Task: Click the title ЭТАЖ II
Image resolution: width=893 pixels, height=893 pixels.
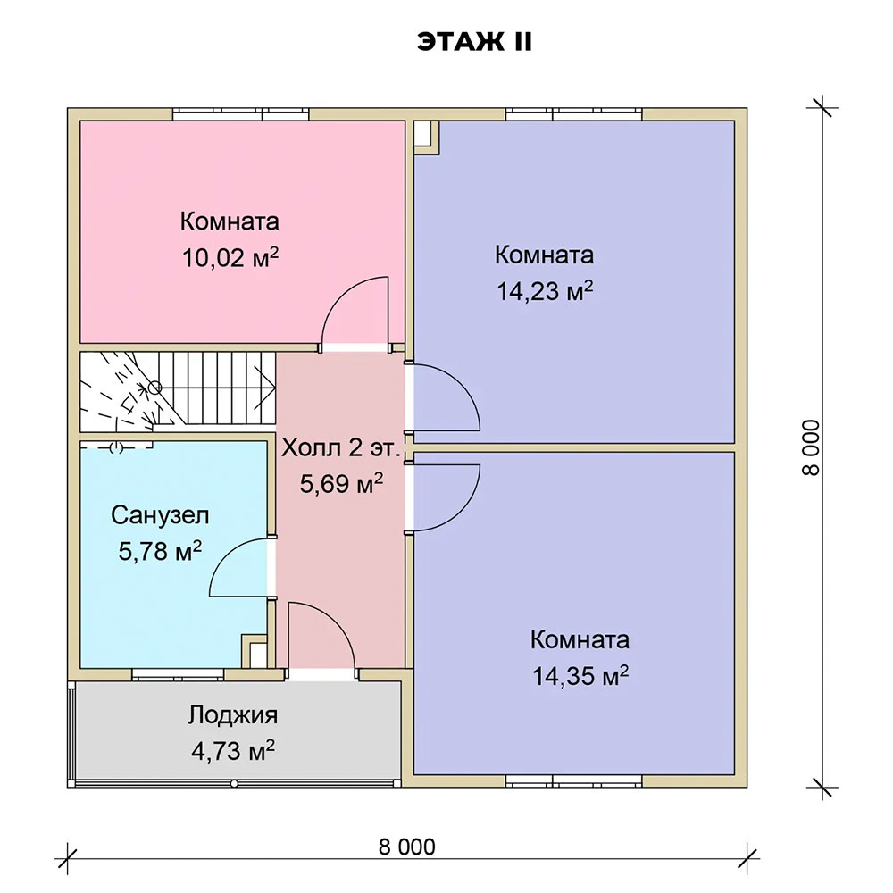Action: click(474, 42)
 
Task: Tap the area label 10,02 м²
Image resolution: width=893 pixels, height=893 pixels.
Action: click(230, 258)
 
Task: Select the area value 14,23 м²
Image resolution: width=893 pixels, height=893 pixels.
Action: click(545, 291)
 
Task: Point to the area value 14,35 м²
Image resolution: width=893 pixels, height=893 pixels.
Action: click(580, 676)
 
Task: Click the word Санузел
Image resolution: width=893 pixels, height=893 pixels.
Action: click(160, 515)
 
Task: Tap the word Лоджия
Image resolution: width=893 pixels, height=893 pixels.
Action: click(233, 715)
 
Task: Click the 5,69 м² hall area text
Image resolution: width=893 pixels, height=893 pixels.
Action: click(341, 484)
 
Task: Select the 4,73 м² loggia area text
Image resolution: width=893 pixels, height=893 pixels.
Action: click(233, 751)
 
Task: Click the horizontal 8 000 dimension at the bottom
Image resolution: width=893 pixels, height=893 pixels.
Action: click(406, 847)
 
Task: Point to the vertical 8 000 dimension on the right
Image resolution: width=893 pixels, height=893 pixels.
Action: click(811, 447)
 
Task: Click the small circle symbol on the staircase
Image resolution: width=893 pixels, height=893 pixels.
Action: click(154, 388)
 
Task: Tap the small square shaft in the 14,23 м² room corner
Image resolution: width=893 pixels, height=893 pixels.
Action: click(424, 136)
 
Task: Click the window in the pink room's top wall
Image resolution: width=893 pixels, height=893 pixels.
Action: click(241, 114)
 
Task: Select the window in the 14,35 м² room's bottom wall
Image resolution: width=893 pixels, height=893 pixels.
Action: click(574, 780)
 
